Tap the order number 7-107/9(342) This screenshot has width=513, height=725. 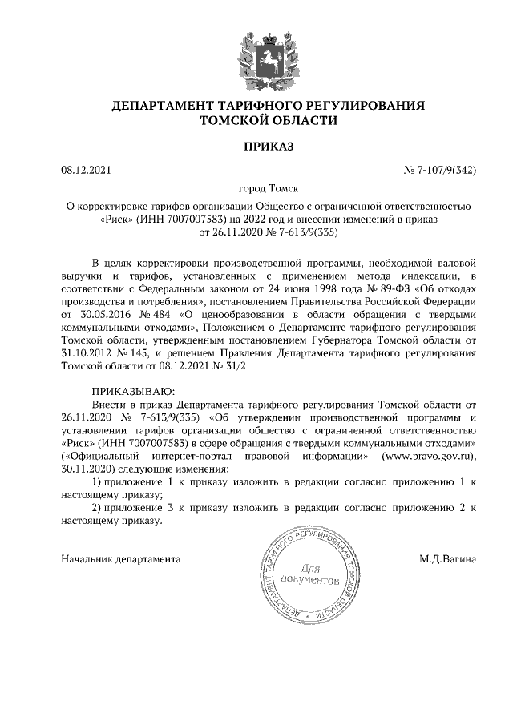click(x=448, y=170)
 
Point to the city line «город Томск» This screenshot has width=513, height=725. click(x=256, y=189)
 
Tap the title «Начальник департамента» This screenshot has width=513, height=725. click(x=121, y=558)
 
